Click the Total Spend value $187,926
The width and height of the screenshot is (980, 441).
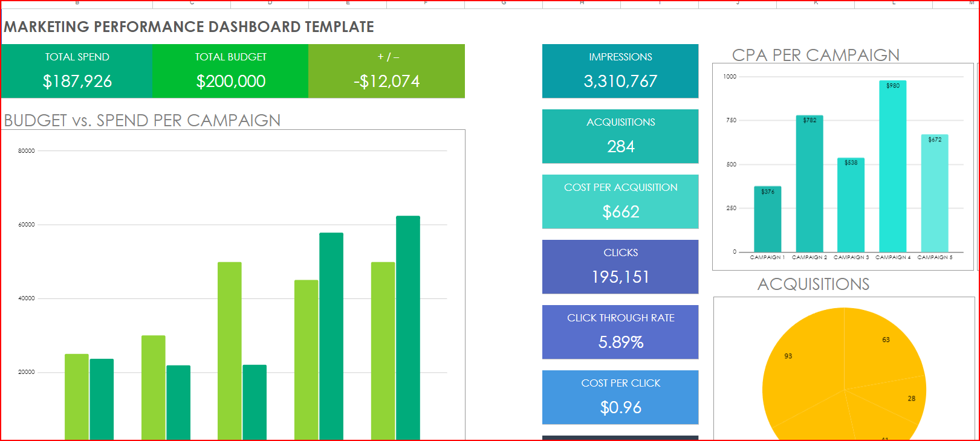tap(77, 81)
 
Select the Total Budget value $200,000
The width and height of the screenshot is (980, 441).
tap(230, 81)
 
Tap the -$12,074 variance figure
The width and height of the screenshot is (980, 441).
tap(386, 81)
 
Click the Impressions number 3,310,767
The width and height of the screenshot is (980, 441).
tap(620, 81)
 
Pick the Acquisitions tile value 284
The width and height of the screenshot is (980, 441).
tap(620, 146)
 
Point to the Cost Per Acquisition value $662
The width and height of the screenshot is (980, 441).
tap(620, 211)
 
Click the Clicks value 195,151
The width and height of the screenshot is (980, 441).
tap(620, 277)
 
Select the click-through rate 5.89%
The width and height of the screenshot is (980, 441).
tap(620, 342)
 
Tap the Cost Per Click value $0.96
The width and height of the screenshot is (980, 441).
tap(620, 407)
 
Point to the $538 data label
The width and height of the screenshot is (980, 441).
tap(851, 163)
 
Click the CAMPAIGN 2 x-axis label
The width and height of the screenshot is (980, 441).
tap(809, 257)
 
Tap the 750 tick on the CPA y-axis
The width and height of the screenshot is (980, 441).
tap(731, 120)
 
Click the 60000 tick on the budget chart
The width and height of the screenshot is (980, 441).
tap(27, 225)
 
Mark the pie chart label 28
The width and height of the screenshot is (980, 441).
tap(911, 399)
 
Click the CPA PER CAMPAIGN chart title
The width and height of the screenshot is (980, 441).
tap(815, 55)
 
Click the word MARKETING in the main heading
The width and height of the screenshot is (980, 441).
tap(47, 27)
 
